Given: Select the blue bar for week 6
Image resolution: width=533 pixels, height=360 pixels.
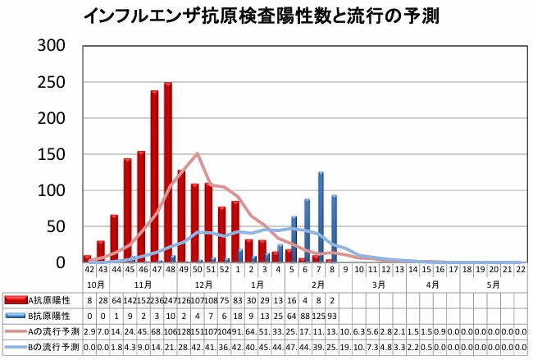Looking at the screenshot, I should coord(307,230).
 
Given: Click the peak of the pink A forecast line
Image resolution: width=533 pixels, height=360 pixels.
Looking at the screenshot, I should coord(197,153).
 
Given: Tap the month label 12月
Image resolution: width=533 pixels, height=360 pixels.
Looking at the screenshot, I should coord(203,283).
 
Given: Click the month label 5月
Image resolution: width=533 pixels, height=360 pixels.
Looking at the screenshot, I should coord(494,283).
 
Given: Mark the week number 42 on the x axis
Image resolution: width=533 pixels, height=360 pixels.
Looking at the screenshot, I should coord(88,269).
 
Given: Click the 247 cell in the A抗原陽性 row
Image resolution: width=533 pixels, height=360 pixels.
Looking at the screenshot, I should coord(167,301).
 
